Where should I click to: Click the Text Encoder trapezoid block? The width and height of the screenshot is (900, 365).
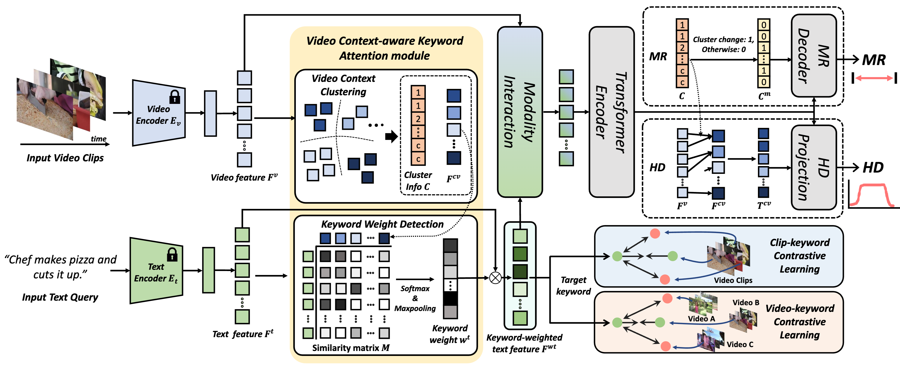[156, 271]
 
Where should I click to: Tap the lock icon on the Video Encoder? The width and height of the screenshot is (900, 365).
[175, 97]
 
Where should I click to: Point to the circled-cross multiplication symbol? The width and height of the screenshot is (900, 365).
[495, 278]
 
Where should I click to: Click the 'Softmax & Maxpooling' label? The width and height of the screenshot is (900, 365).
[415, 298]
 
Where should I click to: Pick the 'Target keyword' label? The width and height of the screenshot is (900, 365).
[573, 286]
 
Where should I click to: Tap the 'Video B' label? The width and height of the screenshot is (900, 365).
[746, 302]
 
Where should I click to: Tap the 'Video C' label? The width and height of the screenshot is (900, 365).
[740, 344]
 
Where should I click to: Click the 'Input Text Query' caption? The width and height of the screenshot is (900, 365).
[60, 297]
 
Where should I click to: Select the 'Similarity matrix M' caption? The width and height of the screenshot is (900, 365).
[351, 348]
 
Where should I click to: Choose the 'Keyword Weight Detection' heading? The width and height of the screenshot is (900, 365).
[382, 224]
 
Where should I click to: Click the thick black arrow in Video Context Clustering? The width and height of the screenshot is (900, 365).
[391, 136]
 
